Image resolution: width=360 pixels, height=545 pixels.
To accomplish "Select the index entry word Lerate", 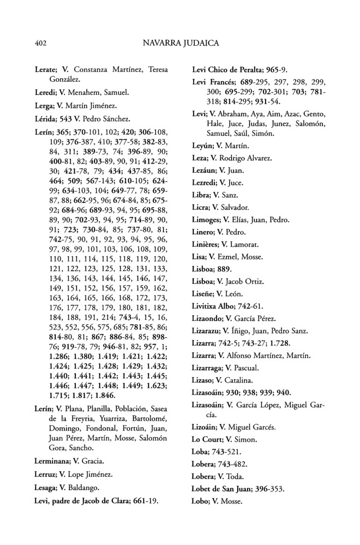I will (45, 70).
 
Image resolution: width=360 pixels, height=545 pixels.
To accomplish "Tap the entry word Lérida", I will (45, 119).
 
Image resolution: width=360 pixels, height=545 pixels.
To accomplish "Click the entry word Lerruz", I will (46, 474).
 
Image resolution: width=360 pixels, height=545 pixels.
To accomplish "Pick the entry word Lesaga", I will (46, 487).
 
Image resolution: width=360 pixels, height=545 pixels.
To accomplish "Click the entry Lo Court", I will (208, 439).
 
